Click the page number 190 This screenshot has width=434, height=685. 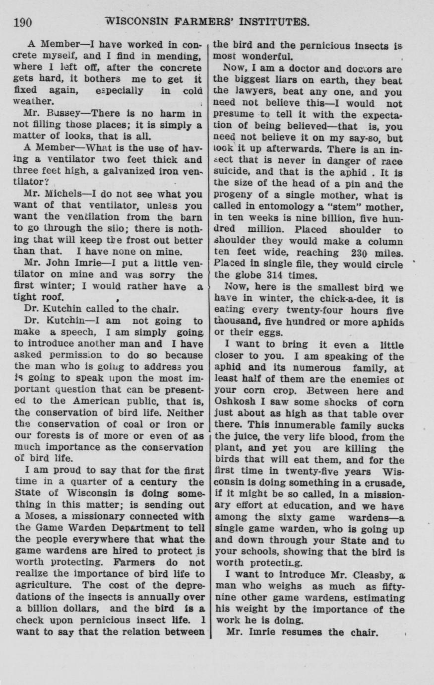(x=23, y=22)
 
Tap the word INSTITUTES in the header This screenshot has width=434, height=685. (x=274, y=22)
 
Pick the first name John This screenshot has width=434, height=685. (x=59, y=264)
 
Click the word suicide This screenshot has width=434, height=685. (x=231, y=172)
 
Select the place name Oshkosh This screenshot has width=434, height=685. (x=233, y=402)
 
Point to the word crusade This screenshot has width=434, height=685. (x=387, y=482)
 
